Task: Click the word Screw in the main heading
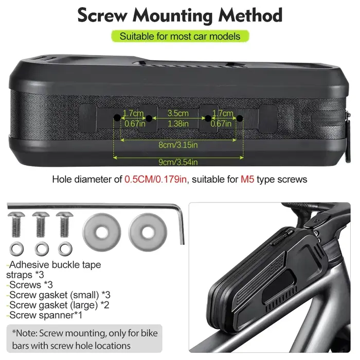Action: coord(102,15)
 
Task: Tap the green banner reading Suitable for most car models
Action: coord(180,37)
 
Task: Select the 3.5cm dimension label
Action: coord(178,113)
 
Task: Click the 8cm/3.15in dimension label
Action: coord(178,145)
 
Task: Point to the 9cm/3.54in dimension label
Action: coord(178,162)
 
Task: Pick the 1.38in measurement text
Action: coord(178,124)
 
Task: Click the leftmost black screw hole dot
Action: coord(117,118)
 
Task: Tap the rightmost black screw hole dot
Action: coord(240,118)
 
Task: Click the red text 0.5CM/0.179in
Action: coord(155,179)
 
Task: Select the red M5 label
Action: coord(247,179)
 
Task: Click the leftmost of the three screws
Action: coord(16,224)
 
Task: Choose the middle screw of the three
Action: coord(41,224)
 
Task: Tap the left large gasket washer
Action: coord(102,232)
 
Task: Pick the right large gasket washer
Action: coord(148,232)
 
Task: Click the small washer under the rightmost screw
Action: coord(65,248)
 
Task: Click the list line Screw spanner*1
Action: coord(44,315)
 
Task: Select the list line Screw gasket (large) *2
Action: coord(58,305)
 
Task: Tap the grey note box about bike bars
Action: coord(84,339)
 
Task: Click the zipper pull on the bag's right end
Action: coord(348,138)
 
